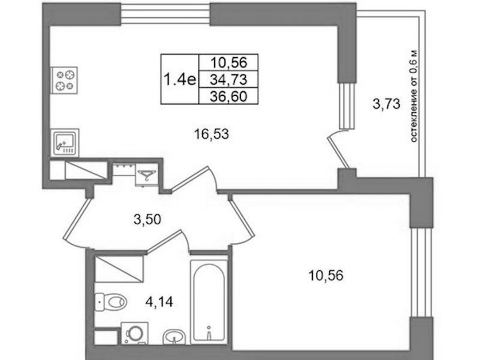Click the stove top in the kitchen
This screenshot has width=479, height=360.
coord(64,80)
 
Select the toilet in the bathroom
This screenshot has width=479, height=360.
coord(110,302)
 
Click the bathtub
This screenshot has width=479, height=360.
coord(209,302)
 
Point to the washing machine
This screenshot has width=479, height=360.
coord(135,333)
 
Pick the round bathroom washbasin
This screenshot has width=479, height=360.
coord(174,337)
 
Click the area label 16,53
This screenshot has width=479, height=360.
coord(212,134)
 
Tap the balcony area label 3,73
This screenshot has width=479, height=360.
coord(386,104)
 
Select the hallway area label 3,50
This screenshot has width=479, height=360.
coord(147,220)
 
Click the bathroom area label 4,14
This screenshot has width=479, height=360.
coord(159,302)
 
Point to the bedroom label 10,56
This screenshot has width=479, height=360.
coord(326,276)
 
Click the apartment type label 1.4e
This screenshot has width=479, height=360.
coord(180,79)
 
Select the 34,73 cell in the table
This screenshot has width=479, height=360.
coord(228,79)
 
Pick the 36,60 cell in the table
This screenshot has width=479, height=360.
coord(228,96)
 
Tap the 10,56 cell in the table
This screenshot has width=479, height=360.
coord(228,63)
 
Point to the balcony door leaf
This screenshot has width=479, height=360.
coord(338,152)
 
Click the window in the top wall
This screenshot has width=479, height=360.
coord(165,14)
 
